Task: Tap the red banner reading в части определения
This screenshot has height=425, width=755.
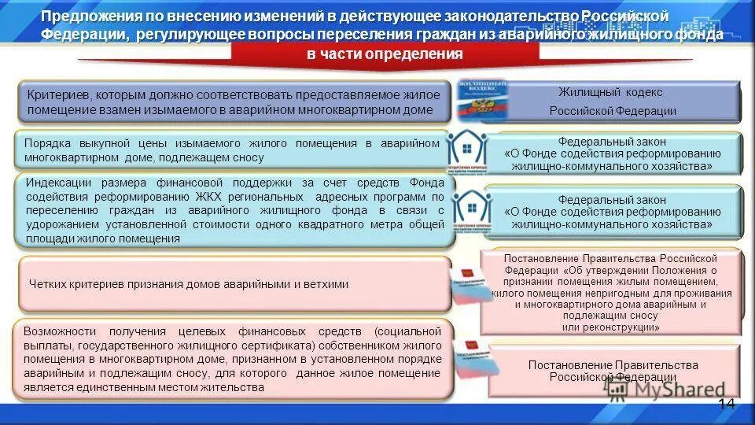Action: click(385, 54)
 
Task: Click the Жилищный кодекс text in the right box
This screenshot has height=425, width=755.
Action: click(612, 94)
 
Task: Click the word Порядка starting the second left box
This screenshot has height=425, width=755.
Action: click(48, 143)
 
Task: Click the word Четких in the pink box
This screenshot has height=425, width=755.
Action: click(48, 284)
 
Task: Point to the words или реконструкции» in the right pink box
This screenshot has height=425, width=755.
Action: click(611, 327)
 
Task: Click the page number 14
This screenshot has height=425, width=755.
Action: click(726, 404)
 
